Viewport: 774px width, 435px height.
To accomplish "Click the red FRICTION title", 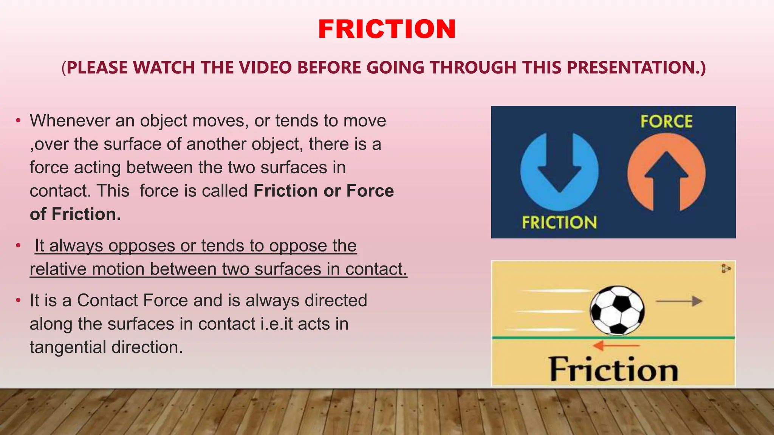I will coord(387,29).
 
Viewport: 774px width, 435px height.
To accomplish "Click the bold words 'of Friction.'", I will coord(75,214).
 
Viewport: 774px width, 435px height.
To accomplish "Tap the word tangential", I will coord(68,347).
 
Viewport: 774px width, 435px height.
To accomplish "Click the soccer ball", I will coord(617,310).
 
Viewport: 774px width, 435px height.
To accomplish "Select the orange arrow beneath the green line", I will coord(616,345).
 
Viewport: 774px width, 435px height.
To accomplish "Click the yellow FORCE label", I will coord(666,122).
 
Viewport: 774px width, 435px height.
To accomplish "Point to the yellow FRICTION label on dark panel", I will coord(559,222).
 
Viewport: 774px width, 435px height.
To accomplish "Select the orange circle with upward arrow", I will coord(666,172).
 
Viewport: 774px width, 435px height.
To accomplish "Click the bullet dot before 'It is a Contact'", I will coord(18,301).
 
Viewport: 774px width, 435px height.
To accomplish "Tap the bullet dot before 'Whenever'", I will coord(18,121).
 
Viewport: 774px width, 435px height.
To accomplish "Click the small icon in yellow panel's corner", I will coord(726,268).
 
